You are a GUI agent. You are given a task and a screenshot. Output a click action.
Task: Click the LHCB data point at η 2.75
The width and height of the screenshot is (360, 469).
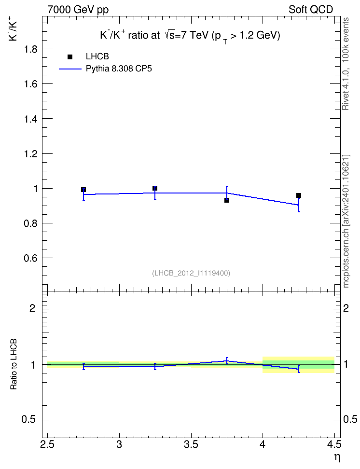tap(83, 190)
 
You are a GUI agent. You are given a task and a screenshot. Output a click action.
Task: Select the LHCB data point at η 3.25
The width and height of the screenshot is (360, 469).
tap(155, 188)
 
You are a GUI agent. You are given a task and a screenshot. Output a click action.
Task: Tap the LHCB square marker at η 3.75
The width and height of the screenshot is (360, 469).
tap(227, 200)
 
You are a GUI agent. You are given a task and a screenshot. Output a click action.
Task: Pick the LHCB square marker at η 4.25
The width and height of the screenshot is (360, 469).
tap(299, 195)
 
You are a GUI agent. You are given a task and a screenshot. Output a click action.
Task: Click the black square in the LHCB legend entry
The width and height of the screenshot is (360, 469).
tap(70, 57)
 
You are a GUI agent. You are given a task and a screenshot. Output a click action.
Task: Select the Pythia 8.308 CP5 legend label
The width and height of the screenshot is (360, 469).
tap(119, 69)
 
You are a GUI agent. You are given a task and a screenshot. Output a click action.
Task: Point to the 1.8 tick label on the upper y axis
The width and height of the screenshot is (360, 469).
tap(30, 49)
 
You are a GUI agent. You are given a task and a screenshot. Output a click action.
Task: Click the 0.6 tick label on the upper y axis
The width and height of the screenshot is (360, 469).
tap(30, 258)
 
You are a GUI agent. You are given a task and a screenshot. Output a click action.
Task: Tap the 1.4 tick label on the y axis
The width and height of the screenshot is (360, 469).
tap(30, 119)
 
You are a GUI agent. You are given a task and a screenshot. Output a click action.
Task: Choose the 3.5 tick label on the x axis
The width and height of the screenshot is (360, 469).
tap(191, 444)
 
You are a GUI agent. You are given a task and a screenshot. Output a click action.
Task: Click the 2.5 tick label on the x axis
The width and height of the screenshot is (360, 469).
tap(47, 444)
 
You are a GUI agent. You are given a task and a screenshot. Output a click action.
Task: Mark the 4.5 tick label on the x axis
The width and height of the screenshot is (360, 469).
tap(334, 444)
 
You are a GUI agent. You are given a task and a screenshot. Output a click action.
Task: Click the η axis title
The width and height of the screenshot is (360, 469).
tap(337, 457)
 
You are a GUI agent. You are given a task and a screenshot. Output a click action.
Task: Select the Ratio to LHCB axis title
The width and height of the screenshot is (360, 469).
tap(14, 364)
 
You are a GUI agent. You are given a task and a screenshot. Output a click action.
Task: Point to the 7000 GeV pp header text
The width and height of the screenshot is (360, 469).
tap(78, 10)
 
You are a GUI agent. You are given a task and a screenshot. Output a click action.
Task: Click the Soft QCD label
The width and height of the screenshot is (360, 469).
tap(311, 10)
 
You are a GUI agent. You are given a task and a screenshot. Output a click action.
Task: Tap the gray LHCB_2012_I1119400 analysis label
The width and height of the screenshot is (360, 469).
tap(191, 273)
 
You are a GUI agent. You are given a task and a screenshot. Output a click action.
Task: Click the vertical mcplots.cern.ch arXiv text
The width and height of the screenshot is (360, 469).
tap(346, 221)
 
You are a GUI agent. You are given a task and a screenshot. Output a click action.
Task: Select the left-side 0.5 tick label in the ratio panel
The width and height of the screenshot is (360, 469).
tap(28, 420)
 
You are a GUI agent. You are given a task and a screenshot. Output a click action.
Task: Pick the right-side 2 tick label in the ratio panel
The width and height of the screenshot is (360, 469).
tap(346, 308)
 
